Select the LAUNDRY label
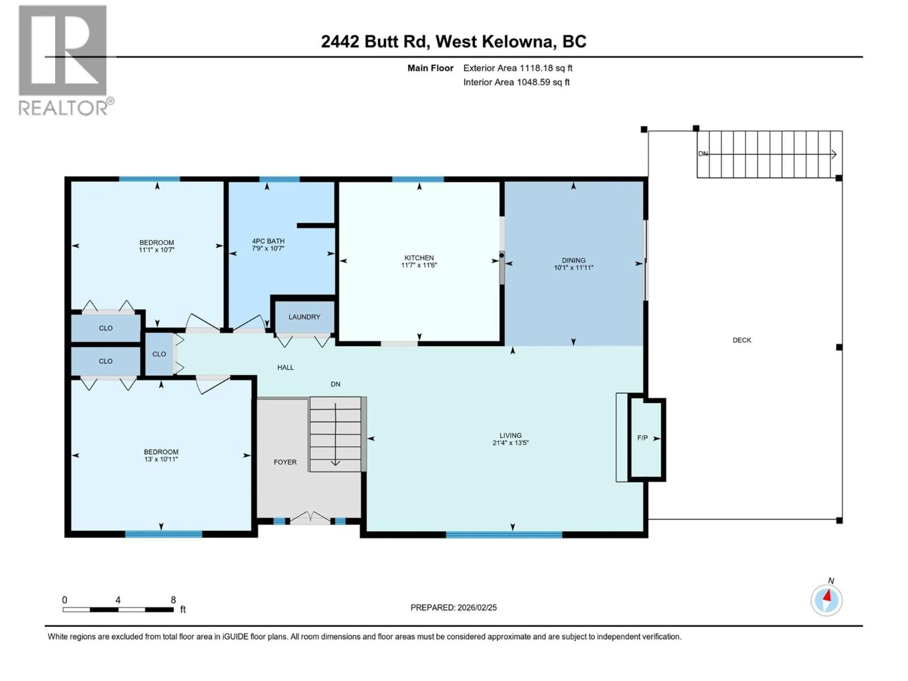(304, 317)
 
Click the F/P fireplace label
(642, 438)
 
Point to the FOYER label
(285, 462)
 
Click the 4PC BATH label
(268, 241)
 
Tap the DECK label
(742, 340)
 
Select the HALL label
(285, 367)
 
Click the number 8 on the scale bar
(173, 600)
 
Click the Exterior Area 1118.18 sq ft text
(518, 68)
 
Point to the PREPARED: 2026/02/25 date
(453, 607)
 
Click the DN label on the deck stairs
(703, 153)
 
